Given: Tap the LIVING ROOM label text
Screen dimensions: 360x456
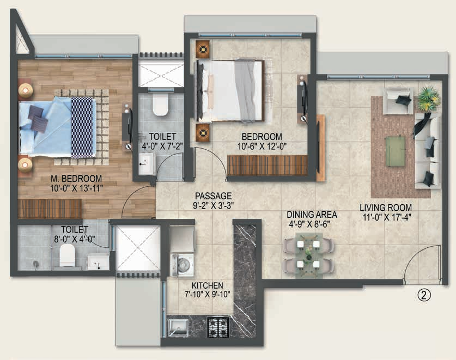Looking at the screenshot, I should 385,208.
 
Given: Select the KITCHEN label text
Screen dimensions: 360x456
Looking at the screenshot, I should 206,285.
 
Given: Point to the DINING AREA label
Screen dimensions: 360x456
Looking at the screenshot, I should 313,214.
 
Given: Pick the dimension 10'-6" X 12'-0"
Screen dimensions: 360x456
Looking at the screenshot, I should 261,146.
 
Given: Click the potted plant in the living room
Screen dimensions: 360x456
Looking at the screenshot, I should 429,98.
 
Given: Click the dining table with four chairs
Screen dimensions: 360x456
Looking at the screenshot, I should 308,254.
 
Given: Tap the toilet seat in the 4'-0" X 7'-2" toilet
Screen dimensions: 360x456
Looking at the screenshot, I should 160,104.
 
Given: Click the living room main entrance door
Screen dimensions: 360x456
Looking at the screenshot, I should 423,265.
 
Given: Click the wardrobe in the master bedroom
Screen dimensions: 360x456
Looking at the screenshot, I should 49,209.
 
